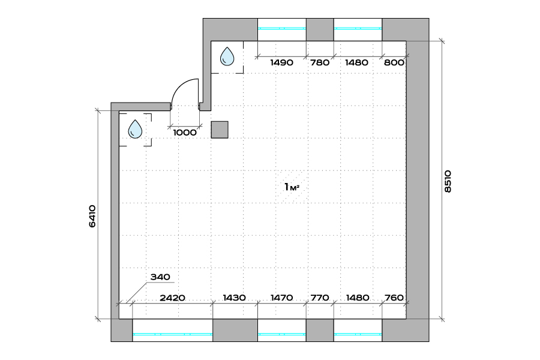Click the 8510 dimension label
448,181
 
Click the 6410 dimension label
92,216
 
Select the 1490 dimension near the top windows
282,62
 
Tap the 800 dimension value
394,62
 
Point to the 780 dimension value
320,62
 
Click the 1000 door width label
185,132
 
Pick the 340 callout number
160,277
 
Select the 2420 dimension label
173,298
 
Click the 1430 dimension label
234,298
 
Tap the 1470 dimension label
282,298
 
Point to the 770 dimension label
320,298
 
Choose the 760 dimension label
394,298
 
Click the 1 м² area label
292,187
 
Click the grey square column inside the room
220,130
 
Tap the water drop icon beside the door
227,56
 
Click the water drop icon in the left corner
135,129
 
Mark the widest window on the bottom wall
173,331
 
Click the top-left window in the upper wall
282,29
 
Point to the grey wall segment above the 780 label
320,29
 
